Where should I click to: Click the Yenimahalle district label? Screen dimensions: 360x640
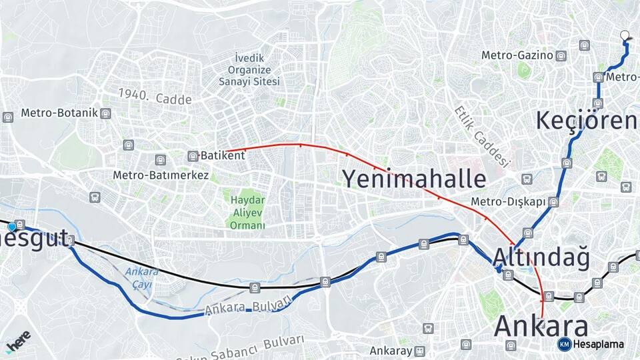(414, 179)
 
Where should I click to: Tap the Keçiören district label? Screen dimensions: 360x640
(587, 121)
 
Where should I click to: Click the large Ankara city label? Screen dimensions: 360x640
(541, 327)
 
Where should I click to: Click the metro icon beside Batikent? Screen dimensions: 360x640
(193, 156)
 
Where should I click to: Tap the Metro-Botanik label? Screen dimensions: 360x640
(59, 113)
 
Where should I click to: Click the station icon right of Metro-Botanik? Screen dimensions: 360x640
(105, 113)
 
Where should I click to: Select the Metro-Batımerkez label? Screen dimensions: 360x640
(161, 175)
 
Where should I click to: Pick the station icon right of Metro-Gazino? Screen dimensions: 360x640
(561, 56)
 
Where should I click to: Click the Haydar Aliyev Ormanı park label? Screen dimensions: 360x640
(247, 213)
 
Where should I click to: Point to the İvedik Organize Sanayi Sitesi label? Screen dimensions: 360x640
(249, 69)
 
